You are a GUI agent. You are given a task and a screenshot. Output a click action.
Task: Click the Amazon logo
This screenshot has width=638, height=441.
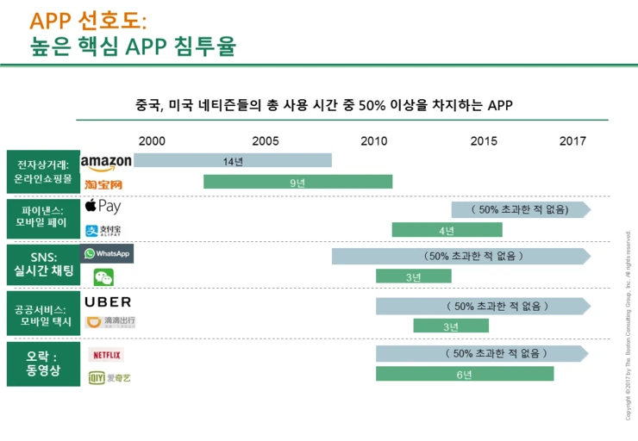(x=106, y=162)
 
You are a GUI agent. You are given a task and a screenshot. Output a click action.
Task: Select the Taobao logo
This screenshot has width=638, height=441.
(x=104, y=183)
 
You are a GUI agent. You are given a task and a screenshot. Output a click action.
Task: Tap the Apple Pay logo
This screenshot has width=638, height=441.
(x=103, y=207)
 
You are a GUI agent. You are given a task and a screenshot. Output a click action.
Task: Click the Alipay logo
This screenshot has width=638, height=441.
(x=103, y=230)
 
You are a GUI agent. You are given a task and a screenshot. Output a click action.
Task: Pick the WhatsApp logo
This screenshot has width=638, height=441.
(x=107, y=254)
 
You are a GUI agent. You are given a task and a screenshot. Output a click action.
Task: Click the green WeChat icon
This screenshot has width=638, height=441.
(x=103, y=277)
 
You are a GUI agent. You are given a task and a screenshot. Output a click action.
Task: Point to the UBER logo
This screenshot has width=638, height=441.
(x=109, y=302)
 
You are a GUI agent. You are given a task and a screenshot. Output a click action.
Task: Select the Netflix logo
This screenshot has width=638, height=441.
(x=107, y=354)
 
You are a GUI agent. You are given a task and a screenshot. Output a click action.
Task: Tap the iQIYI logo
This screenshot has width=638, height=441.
(x=110, y=377)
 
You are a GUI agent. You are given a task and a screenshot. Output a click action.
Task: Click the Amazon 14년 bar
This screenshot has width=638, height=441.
(x=232, y=160)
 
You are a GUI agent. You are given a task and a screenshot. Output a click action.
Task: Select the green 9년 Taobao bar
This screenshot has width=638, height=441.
(x=297, y=182)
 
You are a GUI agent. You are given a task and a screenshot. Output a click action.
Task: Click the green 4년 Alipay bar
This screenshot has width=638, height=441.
(x=447, y=230)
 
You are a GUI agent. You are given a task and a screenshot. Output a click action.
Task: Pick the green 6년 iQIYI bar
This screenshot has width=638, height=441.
(x=464, y=374)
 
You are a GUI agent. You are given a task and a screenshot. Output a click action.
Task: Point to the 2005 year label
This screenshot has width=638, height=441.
(x=265, y=140)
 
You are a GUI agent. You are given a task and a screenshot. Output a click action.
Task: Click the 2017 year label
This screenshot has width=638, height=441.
(x=572, y=140)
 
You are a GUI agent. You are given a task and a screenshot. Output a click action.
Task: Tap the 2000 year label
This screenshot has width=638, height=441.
(x=152, y=140)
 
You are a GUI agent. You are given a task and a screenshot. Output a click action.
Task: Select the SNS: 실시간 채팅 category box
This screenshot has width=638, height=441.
(x=42, y=265)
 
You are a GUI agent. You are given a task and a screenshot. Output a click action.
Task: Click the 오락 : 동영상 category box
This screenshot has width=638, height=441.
(x=42, y=363)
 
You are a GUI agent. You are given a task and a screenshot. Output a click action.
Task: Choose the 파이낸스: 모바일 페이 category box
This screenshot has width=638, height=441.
(x=42, y=217)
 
